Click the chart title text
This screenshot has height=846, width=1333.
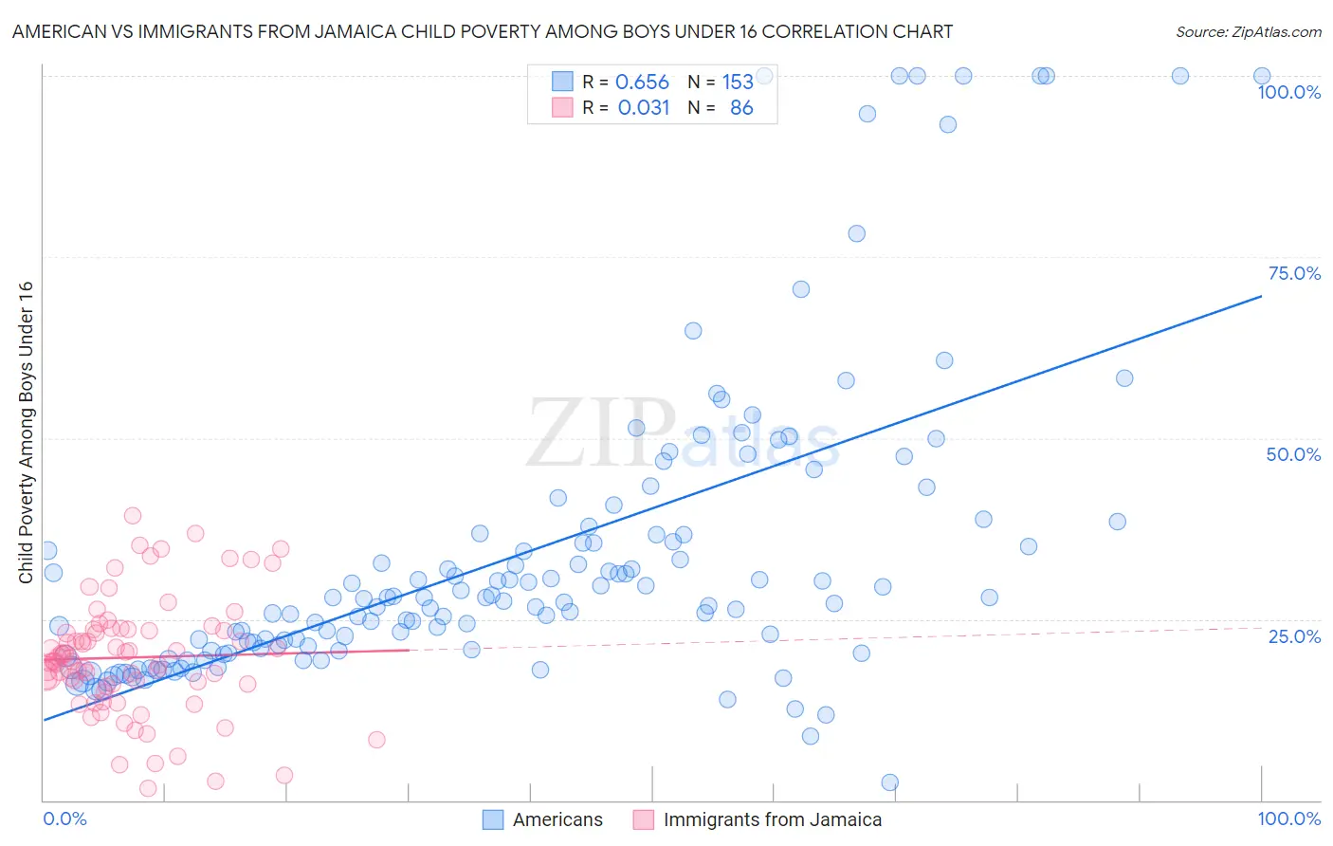[x=483, y=31]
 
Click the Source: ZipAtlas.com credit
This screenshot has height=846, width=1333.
[x=1248, y=31]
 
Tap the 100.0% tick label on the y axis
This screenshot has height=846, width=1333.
[x=1288, y=92]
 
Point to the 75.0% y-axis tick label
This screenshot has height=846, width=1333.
[x=1294, y=273]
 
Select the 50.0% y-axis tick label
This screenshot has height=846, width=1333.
[x=1293, y=454]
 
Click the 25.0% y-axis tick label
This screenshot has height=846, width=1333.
[x=1294, y=635]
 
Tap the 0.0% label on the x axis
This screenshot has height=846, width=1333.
[x=64, y=819]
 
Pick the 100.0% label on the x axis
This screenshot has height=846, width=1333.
[x=1288, y=819]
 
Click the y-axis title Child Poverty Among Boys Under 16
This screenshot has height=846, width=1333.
[x=27, y=432]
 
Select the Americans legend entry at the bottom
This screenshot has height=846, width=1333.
[x=557, y=819]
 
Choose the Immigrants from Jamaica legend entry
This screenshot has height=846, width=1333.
[x=772, y=819]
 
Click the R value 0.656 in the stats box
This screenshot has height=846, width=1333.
[x=642, y=83]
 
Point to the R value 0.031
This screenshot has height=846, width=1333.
[x=644, y=108]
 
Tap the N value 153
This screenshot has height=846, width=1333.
[x=738, y=83]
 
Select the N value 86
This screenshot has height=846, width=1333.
[x=741, y=108]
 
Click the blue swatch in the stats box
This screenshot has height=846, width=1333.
[x=562, y=82]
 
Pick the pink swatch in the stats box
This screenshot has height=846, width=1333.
[x=562, y=107]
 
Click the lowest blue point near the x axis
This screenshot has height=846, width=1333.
[x=889, y=782]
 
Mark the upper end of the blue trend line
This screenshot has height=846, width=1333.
[x=1261, y=296]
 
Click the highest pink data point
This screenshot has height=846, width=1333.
[x=133, y=516]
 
